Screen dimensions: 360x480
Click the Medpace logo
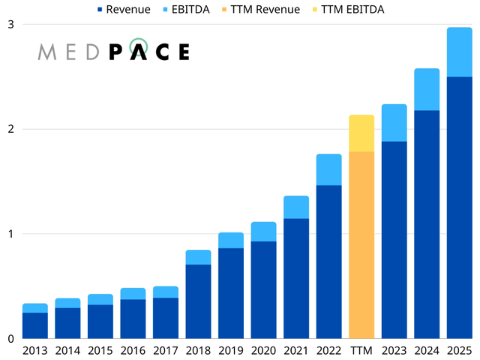[114, 50]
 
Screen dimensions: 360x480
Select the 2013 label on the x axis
[34, 350]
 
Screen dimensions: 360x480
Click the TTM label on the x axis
[361, 350]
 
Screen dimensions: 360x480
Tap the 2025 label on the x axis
[459, 350]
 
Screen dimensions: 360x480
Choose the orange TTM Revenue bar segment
[361, 244]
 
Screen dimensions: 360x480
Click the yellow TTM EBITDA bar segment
[361, 133]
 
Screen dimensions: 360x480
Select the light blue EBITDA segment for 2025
[459, 52]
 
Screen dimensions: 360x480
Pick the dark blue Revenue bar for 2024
[427, 224]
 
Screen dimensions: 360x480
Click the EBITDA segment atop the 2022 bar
[328, 169]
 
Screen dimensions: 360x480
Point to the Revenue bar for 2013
[34, 325]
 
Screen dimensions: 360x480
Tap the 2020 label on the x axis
[263, 350]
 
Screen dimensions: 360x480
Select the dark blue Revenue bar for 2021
[295, 278]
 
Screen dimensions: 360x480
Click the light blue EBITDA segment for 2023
[394, 123]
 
